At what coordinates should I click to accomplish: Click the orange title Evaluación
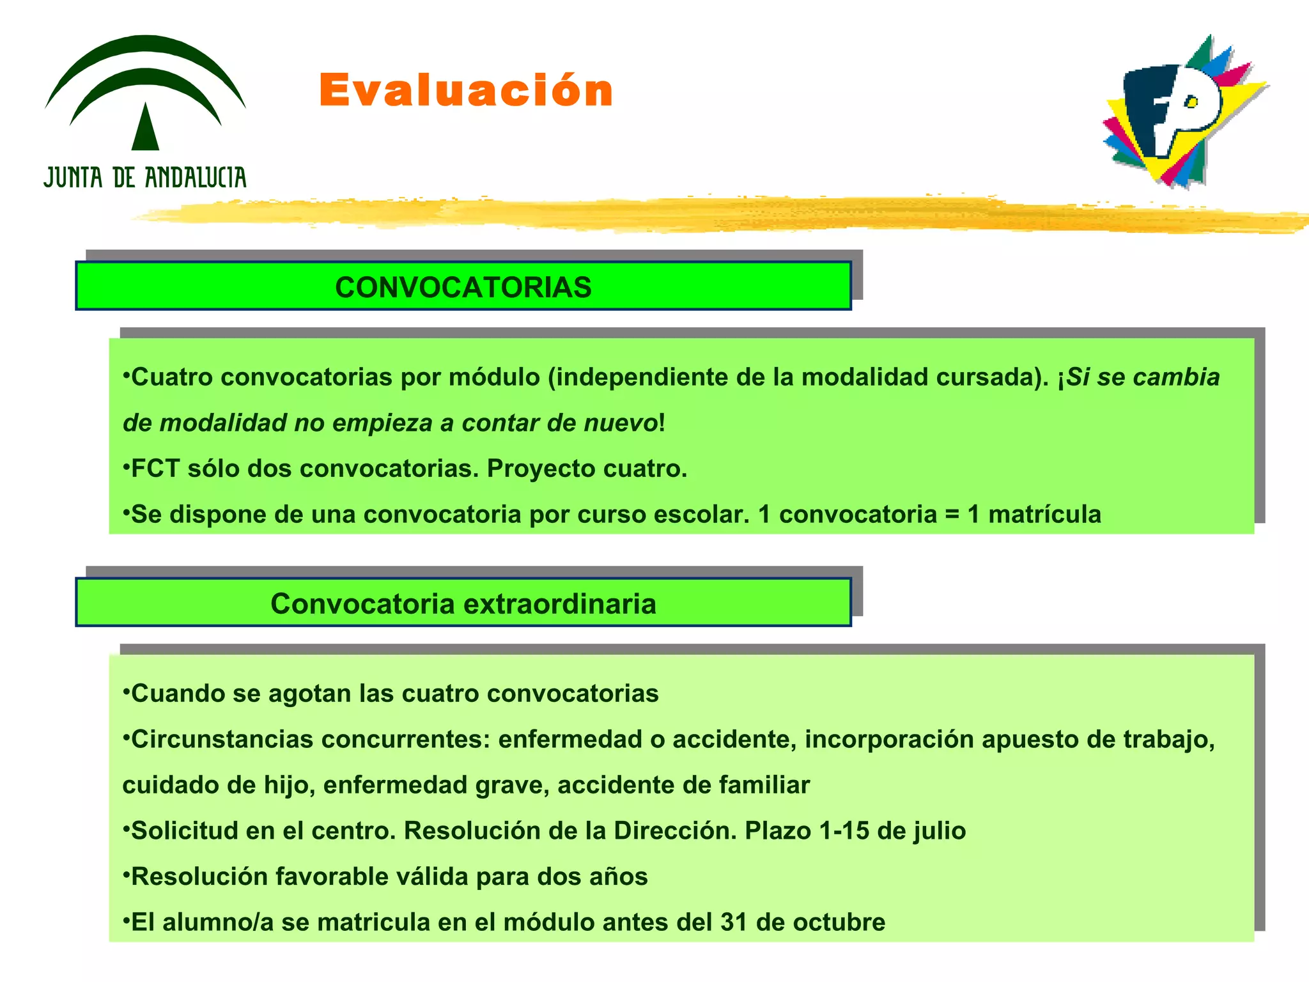point(465,90)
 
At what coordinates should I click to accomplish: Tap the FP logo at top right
point(1182,112)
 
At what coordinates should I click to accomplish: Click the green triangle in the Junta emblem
point(145,128)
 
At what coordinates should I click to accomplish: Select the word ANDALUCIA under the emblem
point(195,178)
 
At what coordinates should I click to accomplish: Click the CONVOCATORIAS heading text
point(463,287)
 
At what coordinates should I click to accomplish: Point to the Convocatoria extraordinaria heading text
point(463,604)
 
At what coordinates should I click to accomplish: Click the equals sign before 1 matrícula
point(952,515)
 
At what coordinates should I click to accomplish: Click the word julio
point(939,831)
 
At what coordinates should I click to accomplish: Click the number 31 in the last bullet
point(734,923)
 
